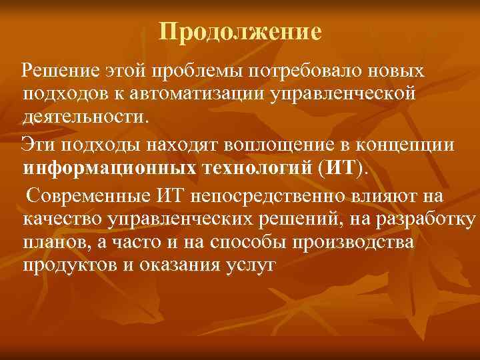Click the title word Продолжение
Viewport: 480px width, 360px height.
241,31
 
